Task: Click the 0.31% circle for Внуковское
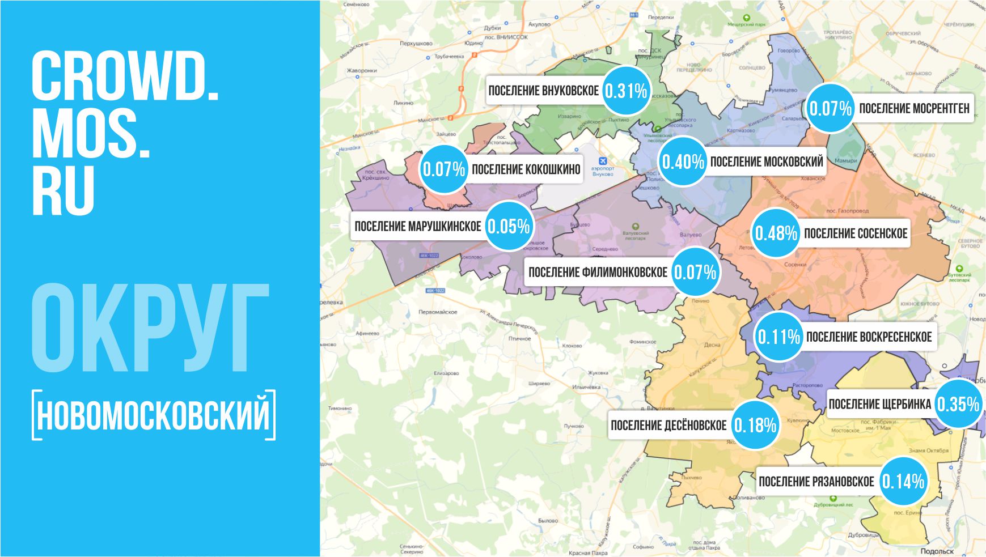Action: pyautogui.click(x=625, y=91)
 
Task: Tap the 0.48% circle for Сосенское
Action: pyautogui.click(x=776, y=233)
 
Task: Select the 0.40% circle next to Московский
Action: pyautogui.click(x=683, y=162)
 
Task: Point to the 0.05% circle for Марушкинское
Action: pyautogui.click(x=509, y=226)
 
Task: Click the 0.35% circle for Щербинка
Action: pyautogui.click(x=958, y=404)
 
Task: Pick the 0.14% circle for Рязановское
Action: pyautogui.click(x=903, y=481)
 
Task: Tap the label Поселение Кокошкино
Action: pyautogui.click(x=526, y=169)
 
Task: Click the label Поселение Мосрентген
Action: pyautogui.click(x=914, y=108)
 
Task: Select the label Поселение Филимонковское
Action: pyautogui.click(x=598, y=272)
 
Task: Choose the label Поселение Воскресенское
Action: pyautogui.click(x=869, y=337)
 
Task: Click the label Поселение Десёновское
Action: pyautogui.click(x=668, y=425)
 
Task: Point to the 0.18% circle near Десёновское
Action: pyautogui.click(x=755, y=425)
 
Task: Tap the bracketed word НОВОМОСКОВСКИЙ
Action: pyautogui.click(x=154, y=415)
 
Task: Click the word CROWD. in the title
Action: pyautogui.click(x=125, y=76)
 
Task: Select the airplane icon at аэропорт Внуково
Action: pyautogui.click(x=603, y=160)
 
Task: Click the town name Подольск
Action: pyautogui.click(x=937, y=551)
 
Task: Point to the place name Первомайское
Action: pyautogui.click(x=438, y=312)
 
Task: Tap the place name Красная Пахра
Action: pyautogui.click(x=588, y=552)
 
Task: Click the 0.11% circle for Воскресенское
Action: pyautogui.click(x=778, y=337)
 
